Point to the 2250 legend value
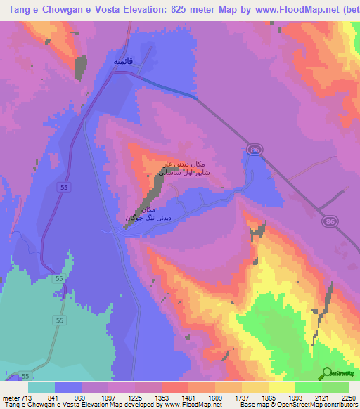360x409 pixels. point(348,398)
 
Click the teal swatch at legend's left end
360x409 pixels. point(41,387)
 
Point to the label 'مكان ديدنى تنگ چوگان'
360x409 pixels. point(148,214)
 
